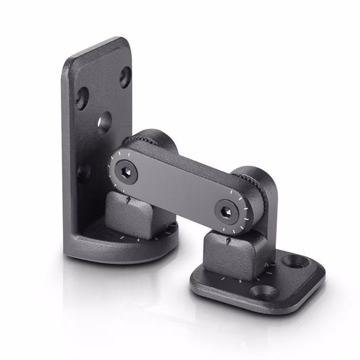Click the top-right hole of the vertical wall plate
click(125, 76)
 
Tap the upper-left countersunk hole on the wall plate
click(81, 98)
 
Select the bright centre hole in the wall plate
click(105, 123)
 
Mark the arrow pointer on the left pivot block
click(128, 198)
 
